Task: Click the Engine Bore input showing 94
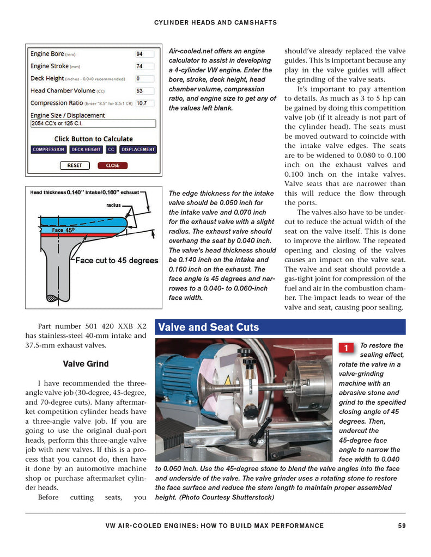[144, 54]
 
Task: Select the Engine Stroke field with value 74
[144, 66]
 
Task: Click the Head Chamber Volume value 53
[144, 91]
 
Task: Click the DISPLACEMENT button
[138, 150]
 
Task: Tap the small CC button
[111, 150]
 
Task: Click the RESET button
[75, 165]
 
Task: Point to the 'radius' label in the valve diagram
[113, 205]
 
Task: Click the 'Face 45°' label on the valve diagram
[63, 230]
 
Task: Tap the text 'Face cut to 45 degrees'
[117, 261]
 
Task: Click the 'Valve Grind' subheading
[86, 364]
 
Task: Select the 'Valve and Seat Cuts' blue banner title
[208, 327]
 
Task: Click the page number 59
[402, 525]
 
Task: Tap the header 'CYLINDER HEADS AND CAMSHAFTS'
[215, 22]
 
